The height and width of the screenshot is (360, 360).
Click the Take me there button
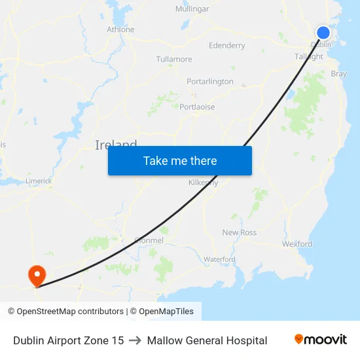(x=180, y=160)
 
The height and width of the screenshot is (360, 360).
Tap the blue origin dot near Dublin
(x=323, y=32)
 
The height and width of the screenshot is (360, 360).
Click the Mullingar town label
(x=192, y=9)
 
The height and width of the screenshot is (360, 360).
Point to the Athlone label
(x=120, y=29)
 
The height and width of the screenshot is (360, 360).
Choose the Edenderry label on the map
(x=226, y=46)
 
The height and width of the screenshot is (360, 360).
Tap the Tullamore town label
(x=174, y=59)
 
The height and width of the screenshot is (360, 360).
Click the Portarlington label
(x=209, y=82)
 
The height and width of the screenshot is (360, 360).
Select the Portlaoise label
(x=197, y=107)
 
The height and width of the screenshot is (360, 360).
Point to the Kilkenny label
(x=203, y=183)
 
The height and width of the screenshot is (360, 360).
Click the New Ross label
(x=240, y=232)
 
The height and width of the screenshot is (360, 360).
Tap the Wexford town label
(x=297, y=244)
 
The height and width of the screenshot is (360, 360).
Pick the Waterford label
(x=219, y=259)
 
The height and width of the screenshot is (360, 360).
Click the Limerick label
(x=39, y=181)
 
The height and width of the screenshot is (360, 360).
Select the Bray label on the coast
(x=339, y=74)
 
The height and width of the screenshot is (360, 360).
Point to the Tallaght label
(x=308, y=57)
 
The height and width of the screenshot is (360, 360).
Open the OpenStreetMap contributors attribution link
(x=70, y=312)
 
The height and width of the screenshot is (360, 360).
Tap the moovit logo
(x=321, y=340)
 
